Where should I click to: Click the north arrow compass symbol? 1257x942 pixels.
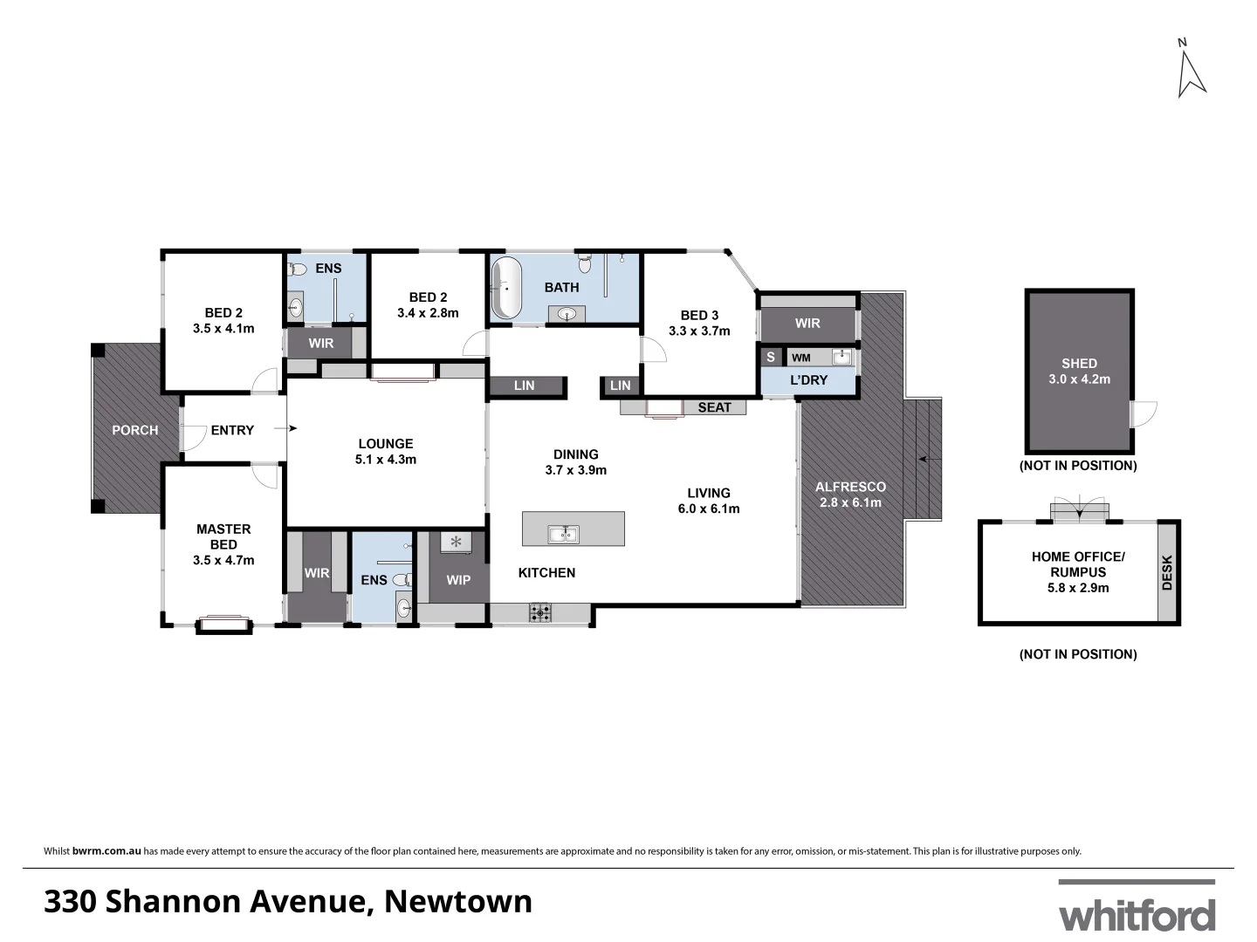tap(1191, 71)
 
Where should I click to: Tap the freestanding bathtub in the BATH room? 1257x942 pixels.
tap(506, 288)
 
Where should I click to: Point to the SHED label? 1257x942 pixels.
tap(1079, 363)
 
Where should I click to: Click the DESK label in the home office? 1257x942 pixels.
tap(1168, 573)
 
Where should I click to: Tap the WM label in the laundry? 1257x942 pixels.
tap(800, 358)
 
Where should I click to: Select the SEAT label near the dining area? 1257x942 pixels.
tap(714, 407)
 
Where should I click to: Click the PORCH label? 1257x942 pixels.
tap(135, 430)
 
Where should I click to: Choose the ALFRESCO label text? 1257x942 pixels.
tap(850, 487)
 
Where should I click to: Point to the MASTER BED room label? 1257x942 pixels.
tap(223, 536)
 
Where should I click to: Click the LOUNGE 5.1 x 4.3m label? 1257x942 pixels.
tap(385, 451)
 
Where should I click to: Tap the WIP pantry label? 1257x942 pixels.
tap(458, 579)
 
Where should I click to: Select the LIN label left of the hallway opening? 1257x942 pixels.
tap(524, 386)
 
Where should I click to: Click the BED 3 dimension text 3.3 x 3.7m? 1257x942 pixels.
tap(699, 331)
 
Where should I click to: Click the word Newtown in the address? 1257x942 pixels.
tap(458, 901)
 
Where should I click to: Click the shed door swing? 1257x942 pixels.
tap(1144, 413)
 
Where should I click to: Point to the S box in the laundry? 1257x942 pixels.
tap(770, 358)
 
